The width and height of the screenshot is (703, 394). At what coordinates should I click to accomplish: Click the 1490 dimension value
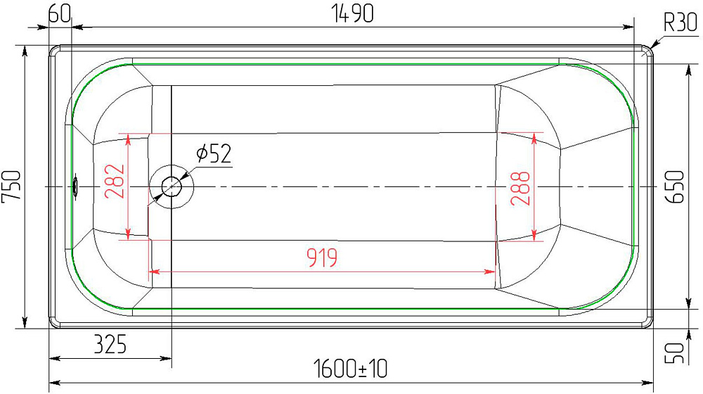352,13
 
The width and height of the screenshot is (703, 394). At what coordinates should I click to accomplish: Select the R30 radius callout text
681,22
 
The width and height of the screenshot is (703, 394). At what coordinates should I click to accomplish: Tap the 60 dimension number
60,14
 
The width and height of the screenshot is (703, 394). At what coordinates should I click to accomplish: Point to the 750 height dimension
11,186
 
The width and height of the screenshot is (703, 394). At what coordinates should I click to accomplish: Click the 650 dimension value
676,186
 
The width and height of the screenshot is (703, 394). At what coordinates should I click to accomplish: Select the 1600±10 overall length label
350,369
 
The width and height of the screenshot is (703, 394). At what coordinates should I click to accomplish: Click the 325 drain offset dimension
110,345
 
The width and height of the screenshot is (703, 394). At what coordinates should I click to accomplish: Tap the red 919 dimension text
322,258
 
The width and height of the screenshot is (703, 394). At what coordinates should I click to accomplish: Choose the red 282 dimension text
114,182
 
